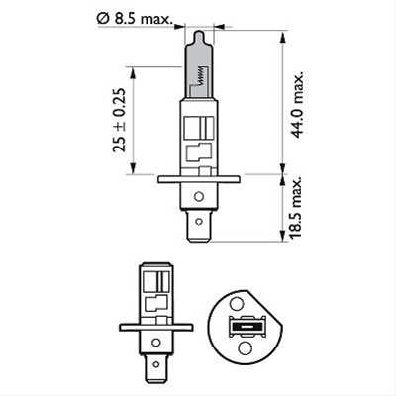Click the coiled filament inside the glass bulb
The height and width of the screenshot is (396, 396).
click(x=204, y=75)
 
